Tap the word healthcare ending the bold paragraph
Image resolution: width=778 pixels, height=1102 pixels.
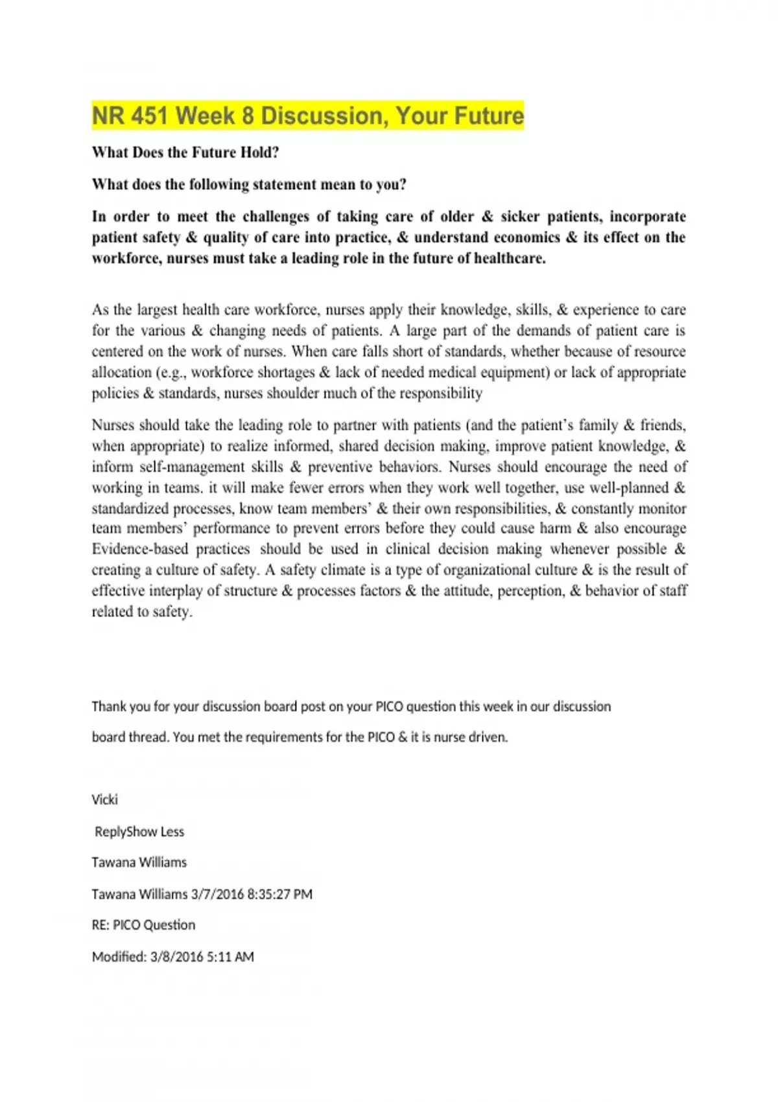pos(510,258)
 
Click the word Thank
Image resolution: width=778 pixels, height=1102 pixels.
pos(108,707)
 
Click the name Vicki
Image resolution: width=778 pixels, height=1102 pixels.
pos(104,800)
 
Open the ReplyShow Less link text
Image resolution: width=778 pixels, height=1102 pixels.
pos(139,832)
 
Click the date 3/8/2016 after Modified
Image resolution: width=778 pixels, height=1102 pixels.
pos(176,957)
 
